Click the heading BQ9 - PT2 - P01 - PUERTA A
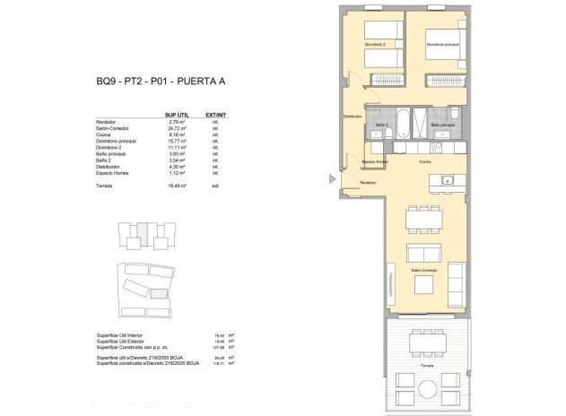pos(161,82)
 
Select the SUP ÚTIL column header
pos(177,115)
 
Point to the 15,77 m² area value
pos(177,142)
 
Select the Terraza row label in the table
pos(105,183)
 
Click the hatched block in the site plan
pos(160,292)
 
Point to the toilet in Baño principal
pos(455,114)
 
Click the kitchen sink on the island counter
pos(449,182)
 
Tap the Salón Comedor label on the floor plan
pos(423,269)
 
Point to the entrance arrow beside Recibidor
pos(334,179)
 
